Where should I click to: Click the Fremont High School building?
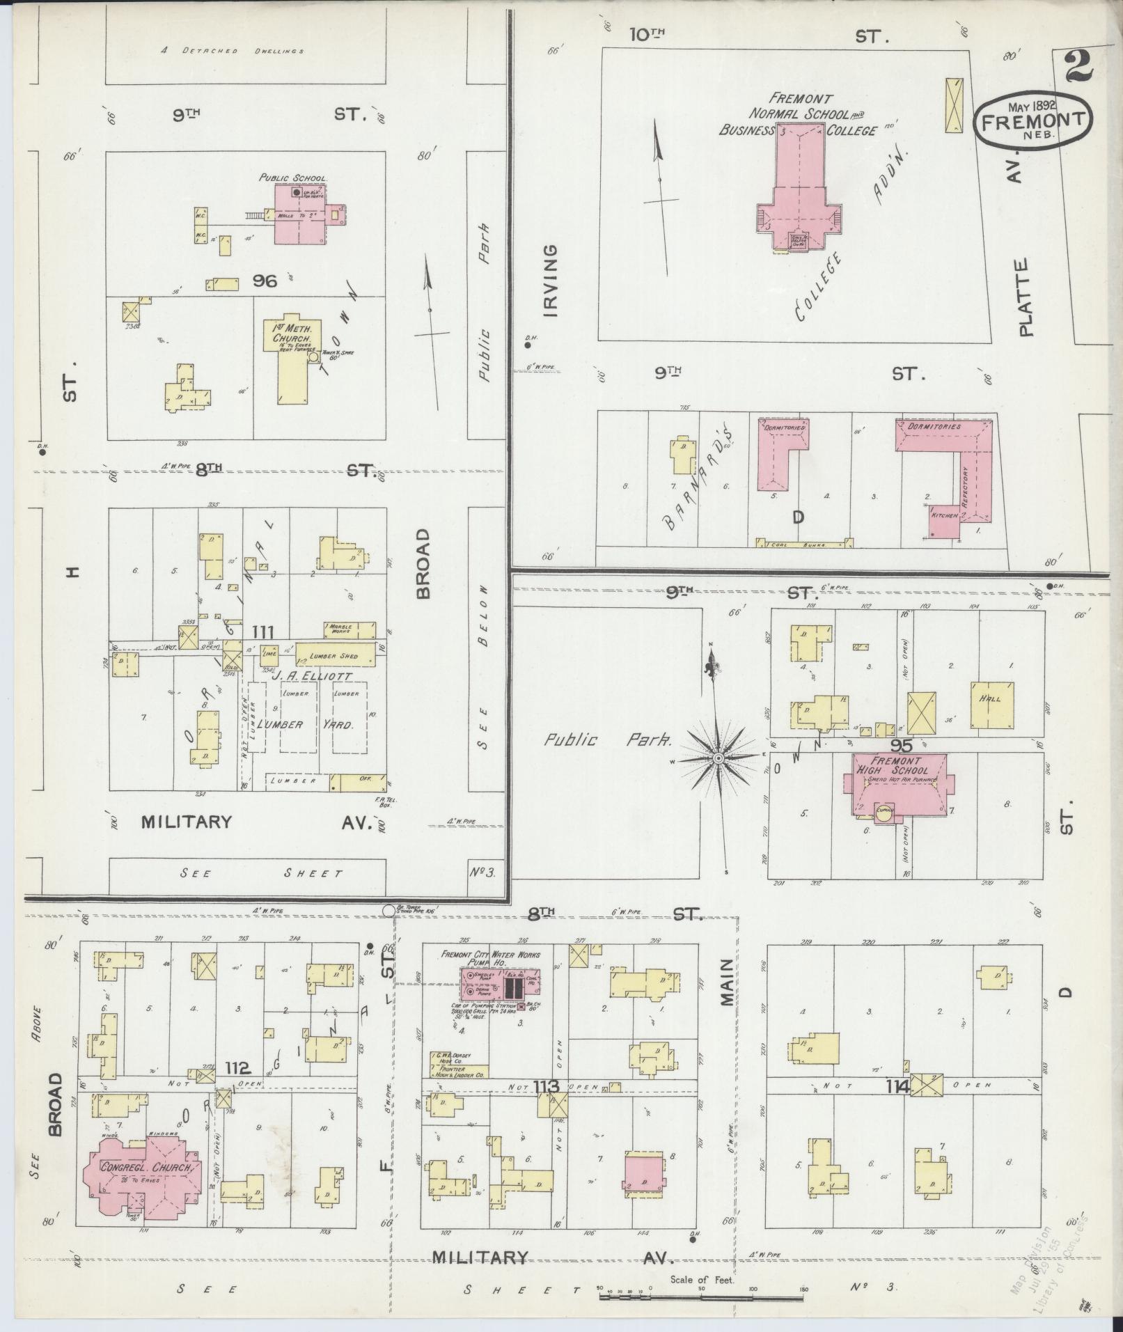pos(895,783)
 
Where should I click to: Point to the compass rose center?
pos(718,757)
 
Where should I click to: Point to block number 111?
pos(262,632)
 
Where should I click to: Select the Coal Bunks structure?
pos(804,544)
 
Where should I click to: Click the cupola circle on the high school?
pos(884,810)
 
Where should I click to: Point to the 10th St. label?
pos(647,36)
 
